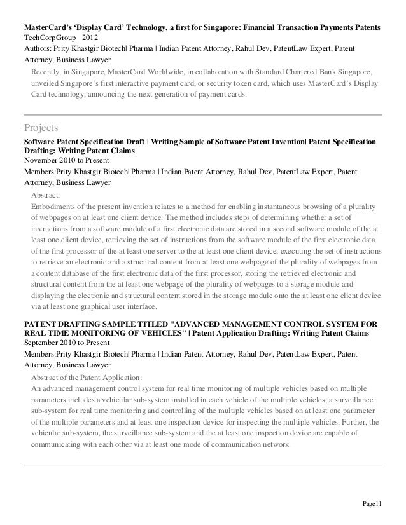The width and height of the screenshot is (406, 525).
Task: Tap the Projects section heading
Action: pyautogui.click(x=40, y=126)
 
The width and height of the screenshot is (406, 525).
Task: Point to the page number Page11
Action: pyautogui.click(x=372, y=505)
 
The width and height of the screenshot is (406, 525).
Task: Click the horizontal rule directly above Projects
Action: pyautogui.click(x=203, y=114)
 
